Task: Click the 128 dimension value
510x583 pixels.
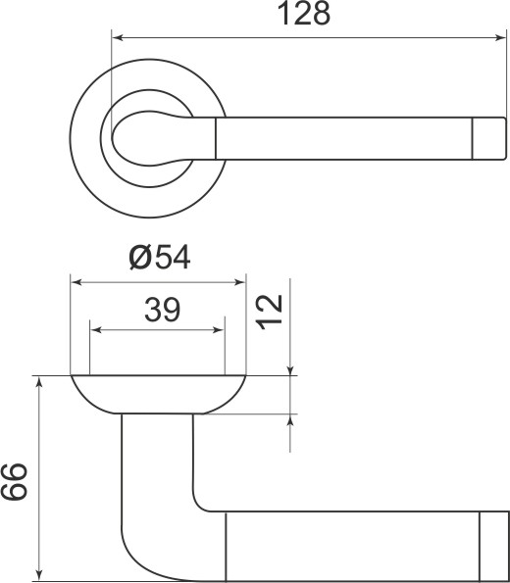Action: click(304, 15)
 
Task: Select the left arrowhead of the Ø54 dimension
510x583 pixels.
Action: click(78, 284)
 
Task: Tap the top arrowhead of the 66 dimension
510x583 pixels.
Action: click(39, 383)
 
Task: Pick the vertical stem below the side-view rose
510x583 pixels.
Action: click(157, 461)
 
